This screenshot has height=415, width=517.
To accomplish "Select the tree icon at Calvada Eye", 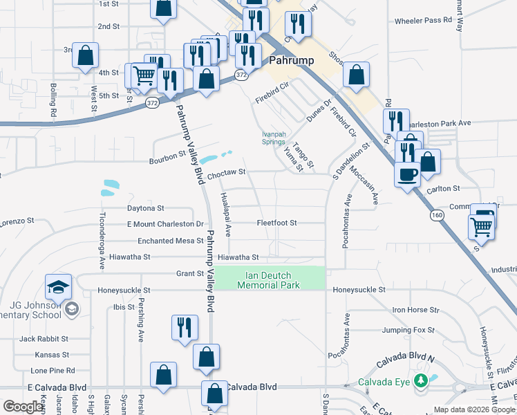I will click(x=420, y=380).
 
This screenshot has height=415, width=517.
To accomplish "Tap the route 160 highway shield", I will click(x=436, y=215).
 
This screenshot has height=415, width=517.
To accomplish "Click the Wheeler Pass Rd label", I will click(x=423, y=21).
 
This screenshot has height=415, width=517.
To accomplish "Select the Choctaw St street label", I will click(x=227, y=174).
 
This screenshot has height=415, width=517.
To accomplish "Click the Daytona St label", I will click(x=145, y=207).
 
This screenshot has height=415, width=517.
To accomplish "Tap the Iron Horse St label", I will click(x=415, y=311).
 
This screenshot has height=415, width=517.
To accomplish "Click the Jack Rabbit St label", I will click(x=44, y=339).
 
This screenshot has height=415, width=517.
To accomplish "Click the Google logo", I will click(x=23, y=407).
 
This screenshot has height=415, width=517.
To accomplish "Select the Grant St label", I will click(x=189, y=273).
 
